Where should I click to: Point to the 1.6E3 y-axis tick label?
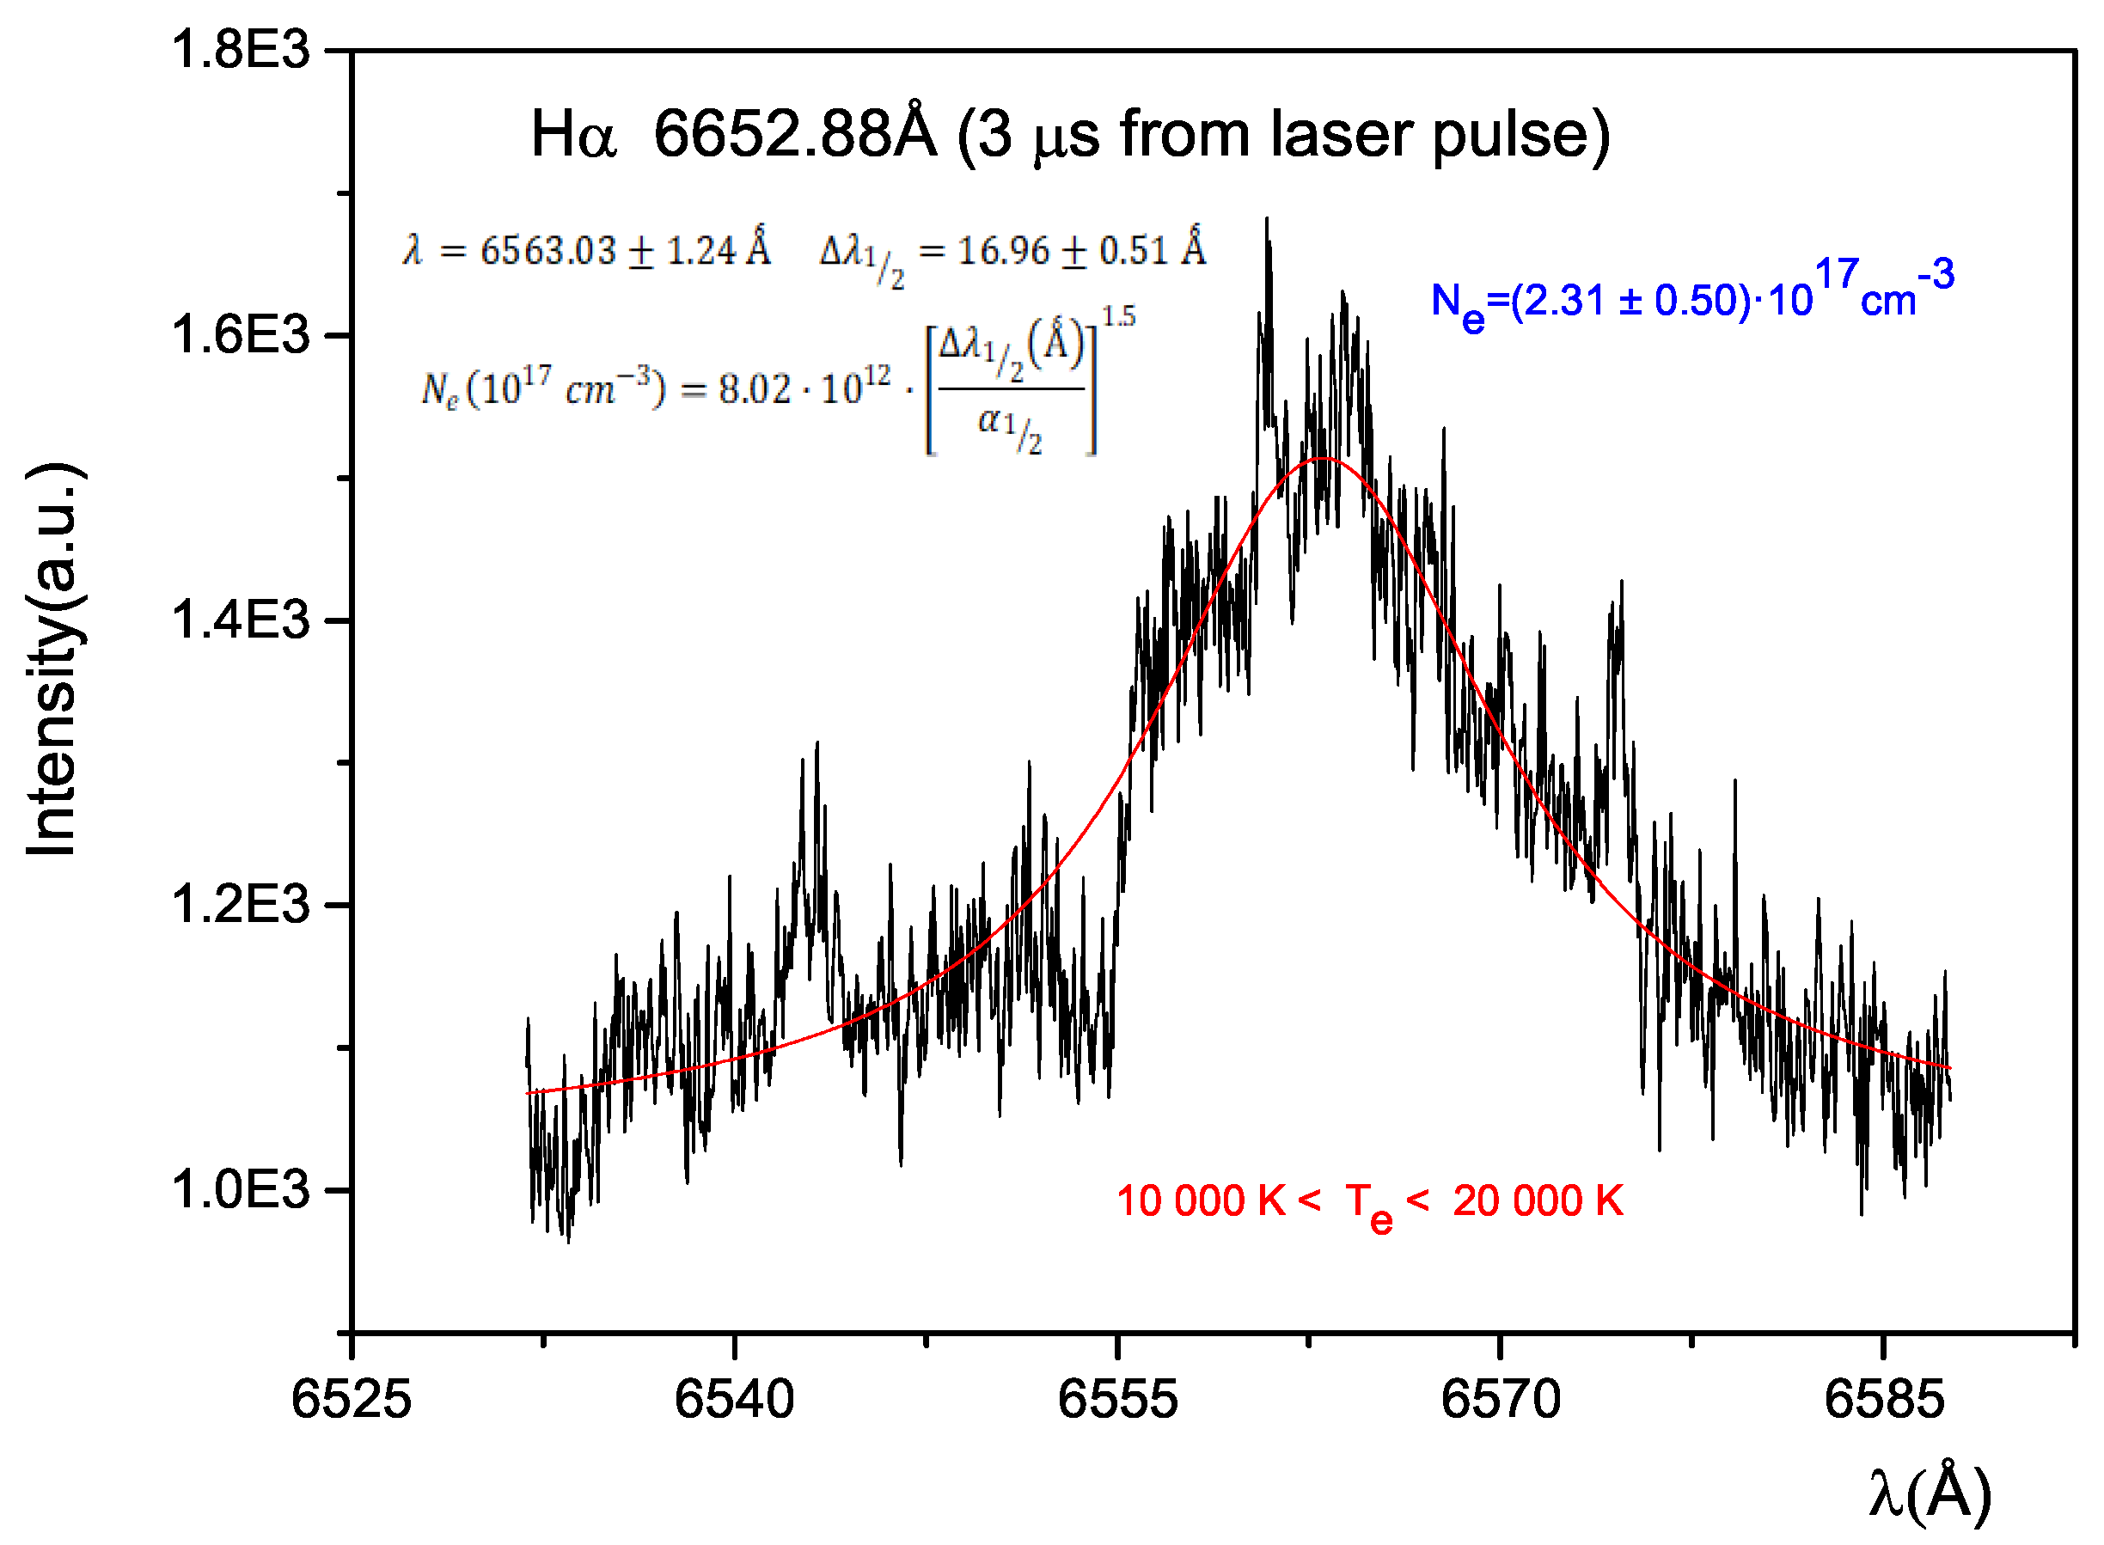click(240, 335)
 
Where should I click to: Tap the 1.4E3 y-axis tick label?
click(240, 620)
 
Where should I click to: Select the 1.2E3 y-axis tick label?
click(240, 904)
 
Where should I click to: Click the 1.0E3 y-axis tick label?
click(240, 1189)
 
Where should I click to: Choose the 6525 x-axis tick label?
click(351, 1400)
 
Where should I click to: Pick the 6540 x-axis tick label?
click(734, 1400)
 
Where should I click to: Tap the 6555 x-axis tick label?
click(1117, 1400)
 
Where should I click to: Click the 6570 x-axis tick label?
click(1501, 1400)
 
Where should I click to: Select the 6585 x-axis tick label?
click(1883, 1400)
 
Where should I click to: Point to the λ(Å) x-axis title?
click(1929, 1493)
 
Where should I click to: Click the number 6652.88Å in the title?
click(794, 133)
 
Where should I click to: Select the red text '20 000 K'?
click(1537, 1200)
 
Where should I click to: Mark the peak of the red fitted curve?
click(1322, 458)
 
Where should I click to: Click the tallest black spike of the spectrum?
click(1267, 221)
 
